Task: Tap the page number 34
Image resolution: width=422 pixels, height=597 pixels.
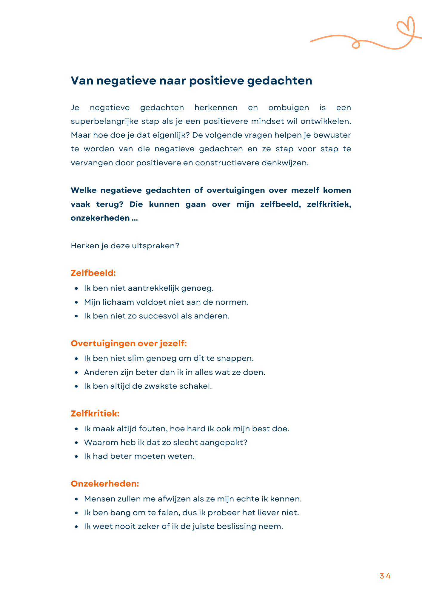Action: click(x=385, y=576)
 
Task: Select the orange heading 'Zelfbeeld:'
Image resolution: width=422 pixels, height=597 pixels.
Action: click(x=93, y=273)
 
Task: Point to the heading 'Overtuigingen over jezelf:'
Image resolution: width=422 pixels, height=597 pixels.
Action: click(x=129, y=343)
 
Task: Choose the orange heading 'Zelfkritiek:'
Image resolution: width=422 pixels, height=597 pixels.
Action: click(x=95, y=413)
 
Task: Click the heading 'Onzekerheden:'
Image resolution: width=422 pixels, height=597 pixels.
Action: click(x=105, y=484)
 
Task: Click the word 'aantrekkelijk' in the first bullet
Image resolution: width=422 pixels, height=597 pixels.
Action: click(x=153, y=288)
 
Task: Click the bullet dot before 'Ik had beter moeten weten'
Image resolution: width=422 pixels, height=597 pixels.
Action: click(x=77, y=456)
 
